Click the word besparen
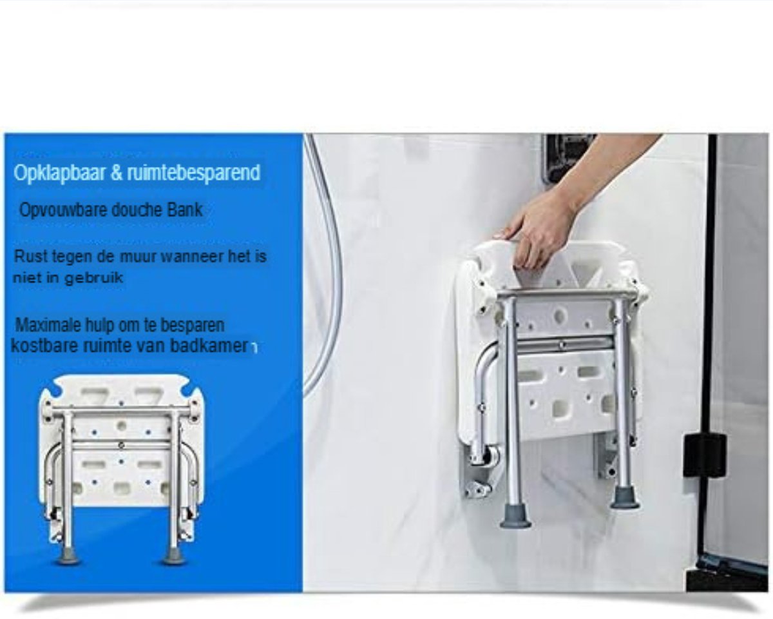[x=193, y=324]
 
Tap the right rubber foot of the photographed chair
[x=624, y=498]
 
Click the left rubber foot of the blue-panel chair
[x=68, y=556]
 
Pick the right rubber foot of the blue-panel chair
[x=174, y=556]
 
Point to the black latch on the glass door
[x=704, y=455]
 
